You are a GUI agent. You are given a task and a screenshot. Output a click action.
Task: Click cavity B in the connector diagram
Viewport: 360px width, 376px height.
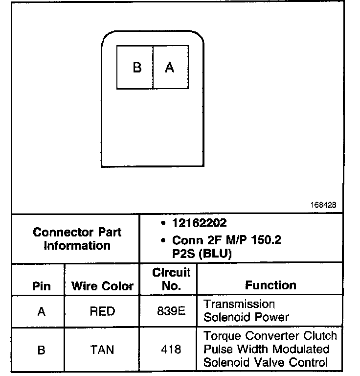click(135, 68)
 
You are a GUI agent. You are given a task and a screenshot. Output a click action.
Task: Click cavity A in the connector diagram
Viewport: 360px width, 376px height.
click(170, 68)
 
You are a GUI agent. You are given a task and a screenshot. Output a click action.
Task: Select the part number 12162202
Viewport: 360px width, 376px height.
click(199, 223)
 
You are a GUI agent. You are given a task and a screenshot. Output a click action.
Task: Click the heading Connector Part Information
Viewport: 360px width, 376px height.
click(77, 238)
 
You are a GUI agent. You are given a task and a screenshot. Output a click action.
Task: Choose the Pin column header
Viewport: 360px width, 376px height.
click(41, 286)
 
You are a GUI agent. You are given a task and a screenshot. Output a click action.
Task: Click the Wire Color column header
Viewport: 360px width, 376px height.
click(102, 286)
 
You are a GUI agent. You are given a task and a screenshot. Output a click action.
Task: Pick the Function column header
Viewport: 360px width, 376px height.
click(270, 285)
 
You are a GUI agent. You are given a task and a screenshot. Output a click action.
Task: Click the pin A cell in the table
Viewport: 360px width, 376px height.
click(41, 311)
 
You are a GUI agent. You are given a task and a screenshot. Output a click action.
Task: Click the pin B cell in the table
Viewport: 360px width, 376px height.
click(41, 350)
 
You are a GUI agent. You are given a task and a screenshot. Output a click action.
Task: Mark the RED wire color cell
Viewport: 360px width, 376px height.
click(102, 311)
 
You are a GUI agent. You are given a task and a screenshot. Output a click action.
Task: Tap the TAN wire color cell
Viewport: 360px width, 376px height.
click(102, 350)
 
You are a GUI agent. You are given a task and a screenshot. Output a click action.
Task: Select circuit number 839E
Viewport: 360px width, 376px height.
click(171, 311)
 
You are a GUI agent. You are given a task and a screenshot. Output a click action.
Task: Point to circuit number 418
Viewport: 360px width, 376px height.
click(171, 350)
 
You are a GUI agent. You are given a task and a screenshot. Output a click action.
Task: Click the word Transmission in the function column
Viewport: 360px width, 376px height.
click(239, 304)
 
